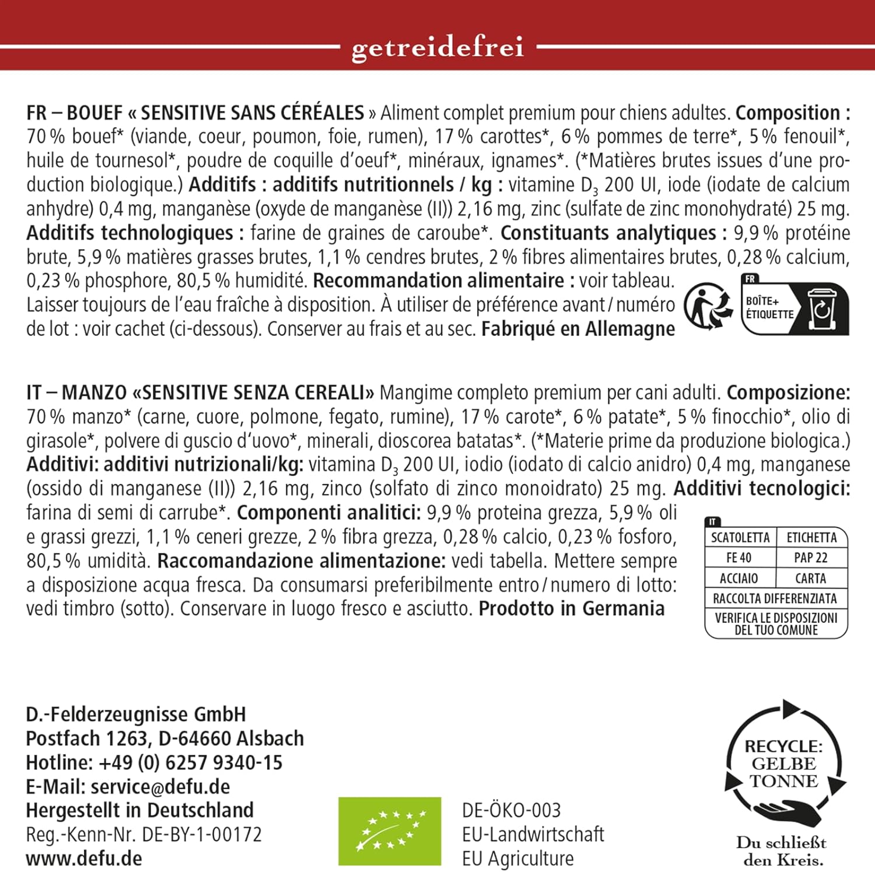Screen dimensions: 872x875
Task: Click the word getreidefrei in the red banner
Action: coord(437,48)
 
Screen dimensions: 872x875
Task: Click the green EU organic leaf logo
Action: coord(390,831)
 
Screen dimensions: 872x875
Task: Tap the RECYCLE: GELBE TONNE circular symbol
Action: coord(784,764)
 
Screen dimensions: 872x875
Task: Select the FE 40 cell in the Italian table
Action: coord(738,558)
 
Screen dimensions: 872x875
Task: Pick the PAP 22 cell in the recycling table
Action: coord(810,558)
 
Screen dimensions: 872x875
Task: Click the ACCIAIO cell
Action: coord(738,578)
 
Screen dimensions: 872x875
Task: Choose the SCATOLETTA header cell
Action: coord(740,537)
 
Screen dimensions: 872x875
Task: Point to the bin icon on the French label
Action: coord(822,308)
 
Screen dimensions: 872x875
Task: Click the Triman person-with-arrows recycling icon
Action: coord(708,306)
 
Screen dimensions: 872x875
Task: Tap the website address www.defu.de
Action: coord(84,858)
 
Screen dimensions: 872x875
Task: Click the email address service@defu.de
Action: coord(160,786)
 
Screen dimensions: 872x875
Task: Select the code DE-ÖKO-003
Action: coord(511,810)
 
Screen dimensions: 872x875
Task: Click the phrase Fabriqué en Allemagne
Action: coord(577,329)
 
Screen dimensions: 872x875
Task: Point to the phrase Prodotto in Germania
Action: coord(571,608)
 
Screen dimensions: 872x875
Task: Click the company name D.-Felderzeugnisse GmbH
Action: coord(136,714)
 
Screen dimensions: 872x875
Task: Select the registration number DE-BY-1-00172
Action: coord(202,834)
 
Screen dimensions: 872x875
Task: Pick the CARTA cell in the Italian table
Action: coord(810,578)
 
